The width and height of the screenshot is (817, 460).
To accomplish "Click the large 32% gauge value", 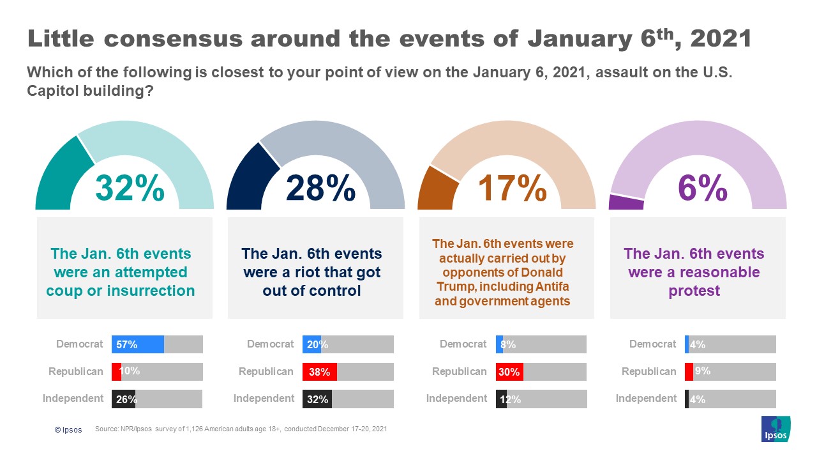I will pos(130,187).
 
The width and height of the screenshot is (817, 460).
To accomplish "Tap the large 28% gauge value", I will pos(320,187).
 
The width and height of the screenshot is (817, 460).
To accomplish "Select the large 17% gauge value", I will pos(513,187).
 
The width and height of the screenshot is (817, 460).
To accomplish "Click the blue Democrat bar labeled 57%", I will pos(138,344).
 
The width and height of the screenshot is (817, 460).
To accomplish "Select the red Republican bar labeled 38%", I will pos(319,371).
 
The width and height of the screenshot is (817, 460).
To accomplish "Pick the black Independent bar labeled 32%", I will pos(317,399).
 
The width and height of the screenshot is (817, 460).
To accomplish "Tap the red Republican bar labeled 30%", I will pos(509,371).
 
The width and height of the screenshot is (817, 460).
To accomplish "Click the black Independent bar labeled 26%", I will pos(124,399).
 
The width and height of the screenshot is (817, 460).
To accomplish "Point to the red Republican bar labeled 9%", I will pos(689,371).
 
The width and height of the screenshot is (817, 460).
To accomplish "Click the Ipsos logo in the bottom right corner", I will pos(776,429).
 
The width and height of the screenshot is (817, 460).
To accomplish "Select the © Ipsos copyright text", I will pos(68,430).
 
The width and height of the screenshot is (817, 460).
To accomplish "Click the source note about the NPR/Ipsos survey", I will pos(241,429).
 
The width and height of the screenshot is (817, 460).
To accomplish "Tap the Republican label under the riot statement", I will pos(266,371).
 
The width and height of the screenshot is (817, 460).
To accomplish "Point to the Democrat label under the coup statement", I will pos(79,344).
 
